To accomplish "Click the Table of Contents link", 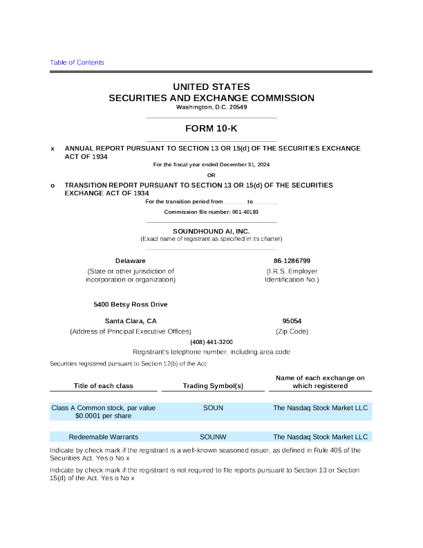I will [77, 62].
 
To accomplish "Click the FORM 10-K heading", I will [211, 129].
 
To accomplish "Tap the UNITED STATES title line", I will [211, 86].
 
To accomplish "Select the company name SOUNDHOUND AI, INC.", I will [211, 230].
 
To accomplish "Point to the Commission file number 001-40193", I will [211, 211].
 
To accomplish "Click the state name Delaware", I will [130, 260].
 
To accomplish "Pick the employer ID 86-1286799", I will [292, 260].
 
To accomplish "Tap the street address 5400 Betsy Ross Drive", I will [130, 304].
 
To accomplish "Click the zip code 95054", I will [292, 321].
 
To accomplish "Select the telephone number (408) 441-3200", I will [211, 342].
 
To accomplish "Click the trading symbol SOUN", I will [213, 408].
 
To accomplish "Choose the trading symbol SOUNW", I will [213, 437].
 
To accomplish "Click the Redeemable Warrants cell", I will [104, 437].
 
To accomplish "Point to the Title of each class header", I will [104, 385].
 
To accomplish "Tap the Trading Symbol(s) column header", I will [213, 385].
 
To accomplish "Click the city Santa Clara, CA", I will [130, 321].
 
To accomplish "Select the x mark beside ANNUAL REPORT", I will [53, 149].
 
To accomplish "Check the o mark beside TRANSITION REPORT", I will [53, 185].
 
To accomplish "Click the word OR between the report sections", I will [211, 174].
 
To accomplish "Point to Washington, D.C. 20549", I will [211, 107].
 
